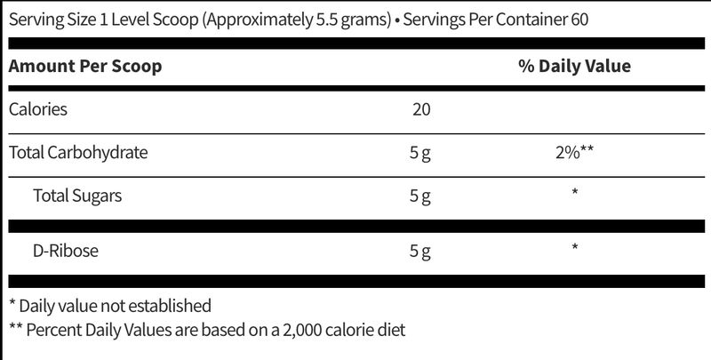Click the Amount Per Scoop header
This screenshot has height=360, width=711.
coord(85,66)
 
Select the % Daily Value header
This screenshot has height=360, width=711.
coord(574,66)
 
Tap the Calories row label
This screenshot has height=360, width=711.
coord(38,109)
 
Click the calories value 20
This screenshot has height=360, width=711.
coord(421,109)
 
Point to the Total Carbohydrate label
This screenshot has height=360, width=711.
coord(78,153)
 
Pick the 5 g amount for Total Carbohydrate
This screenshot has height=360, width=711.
coord(419,153)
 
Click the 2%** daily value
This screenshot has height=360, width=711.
coord(574,152)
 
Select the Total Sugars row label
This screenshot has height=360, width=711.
coord(77,196)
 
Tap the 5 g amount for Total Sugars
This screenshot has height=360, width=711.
coord(419,196)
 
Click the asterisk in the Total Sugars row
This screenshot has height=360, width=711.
coord(574,192)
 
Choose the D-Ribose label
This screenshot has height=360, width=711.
coord(65,251)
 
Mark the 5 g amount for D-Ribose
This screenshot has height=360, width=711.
coord(419,252)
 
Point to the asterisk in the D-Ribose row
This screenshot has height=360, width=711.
coord(574,247)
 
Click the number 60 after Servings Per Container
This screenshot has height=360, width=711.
coord(579,20)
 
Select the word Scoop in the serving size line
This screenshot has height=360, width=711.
coord(177,20)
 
